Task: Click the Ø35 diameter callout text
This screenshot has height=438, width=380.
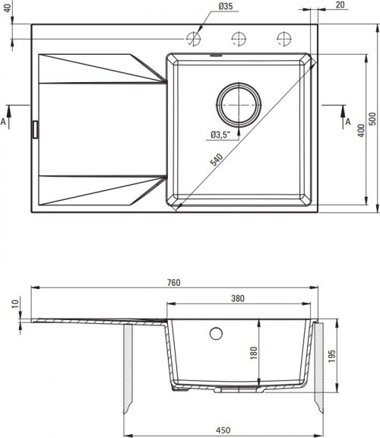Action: (x=226, y=6)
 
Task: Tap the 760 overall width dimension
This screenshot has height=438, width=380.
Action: (x=174, y=283)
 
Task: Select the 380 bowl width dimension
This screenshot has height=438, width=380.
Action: (x=238, y=299)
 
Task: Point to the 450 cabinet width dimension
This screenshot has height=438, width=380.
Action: (x=223, y=430)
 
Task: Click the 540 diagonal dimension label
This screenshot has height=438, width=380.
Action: (x=217, y=160)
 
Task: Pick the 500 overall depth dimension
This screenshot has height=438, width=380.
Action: (x=372, y=119)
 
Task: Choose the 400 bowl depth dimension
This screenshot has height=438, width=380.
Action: (x=361, y=131)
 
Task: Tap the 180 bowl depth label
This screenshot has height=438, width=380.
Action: (x=254, y=353)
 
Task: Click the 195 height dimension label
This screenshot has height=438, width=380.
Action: (x=331, y=356)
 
